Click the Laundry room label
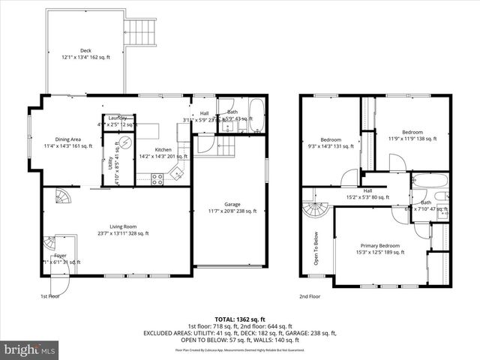pyautogui.click(x=118, y=118)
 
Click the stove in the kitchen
pyautogui.click(x=158, y=178)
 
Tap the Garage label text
pyautogui.click(x=231, y=207)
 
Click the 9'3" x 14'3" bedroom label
pyautogui.click(x=331, y=143)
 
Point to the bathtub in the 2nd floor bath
pyautogui.click(x=430, y=181)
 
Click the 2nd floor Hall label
pyautogui.click(x=368, y=193)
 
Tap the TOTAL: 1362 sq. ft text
pyautogui.click(x=240, y=319)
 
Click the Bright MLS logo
pyautogui.click(x=31, y=349)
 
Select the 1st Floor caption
pyautogui.click(x=49, y=296)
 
